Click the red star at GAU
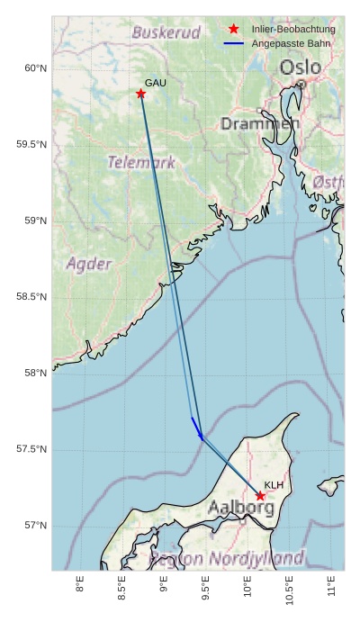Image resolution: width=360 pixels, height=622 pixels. (141, 94)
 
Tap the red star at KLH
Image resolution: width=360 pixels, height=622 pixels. (260, 496)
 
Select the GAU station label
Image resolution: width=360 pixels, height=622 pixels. (156, 83)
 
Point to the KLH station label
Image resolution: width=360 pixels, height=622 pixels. (274, 485)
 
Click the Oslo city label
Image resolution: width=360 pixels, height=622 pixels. (300, 68)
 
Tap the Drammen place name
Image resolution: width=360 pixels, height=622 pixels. (260, 123)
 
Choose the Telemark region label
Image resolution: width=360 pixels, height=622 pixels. (141, 163)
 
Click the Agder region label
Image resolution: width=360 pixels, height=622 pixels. (89, 264)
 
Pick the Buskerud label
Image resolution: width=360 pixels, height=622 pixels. (166, 32)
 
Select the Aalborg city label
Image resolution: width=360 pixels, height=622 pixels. (241, 509)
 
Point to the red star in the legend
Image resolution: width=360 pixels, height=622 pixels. (234, 30)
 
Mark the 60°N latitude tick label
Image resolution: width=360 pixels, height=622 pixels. (36, 68)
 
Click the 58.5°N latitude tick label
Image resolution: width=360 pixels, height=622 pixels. (32, 297)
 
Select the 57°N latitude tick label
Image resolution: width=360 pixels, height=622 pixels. (36, 526)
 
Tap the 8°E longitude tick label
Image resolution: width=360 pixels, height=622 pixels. (80, 585)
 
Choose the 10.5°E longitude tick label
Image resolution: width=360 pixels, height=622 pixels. (290, 589)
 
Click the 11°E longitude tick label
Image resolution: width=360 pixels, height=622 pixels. (332, 585)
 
